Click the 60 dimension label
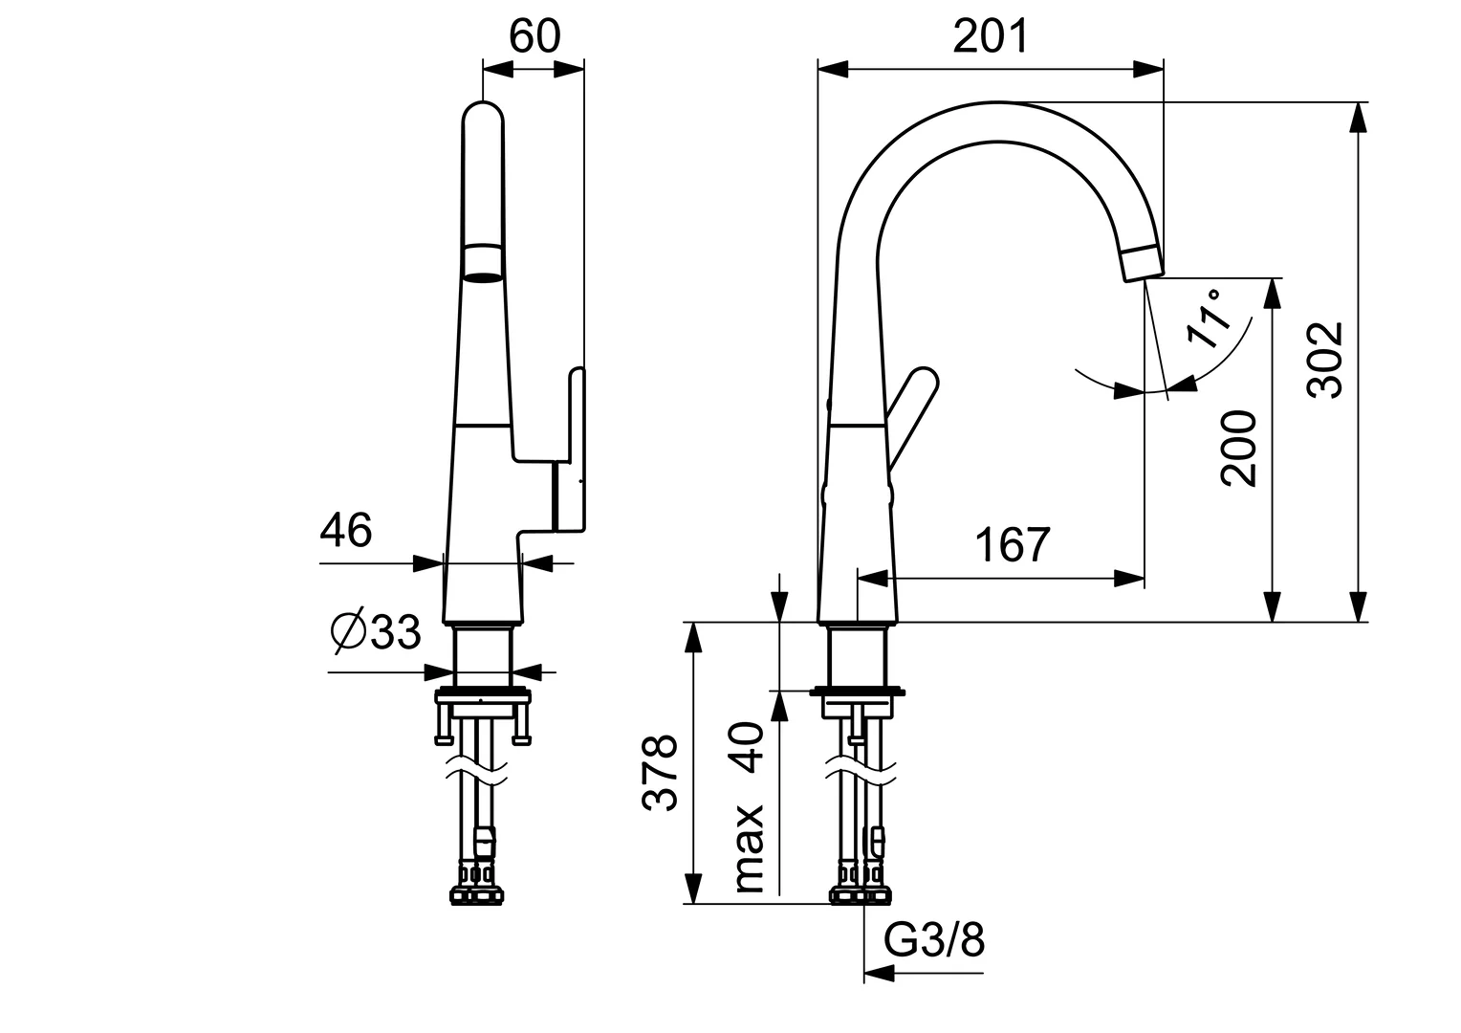point(534,36)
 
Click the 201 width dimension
point(991,36)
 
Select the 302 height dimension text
point(1326,360)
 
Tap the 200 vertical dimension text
point(1240,449)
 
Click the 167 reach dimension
point(1013,545)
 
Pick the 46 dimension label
point(345,530)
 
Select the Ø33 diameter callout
point(376,631)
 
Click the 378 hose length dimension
point(660,773)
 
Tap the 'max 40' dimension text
point(751,808)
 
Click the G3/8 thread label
point(934,941)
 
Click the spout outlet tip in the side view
point(1142,264)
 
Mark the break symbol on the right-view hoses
point(860,769)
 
